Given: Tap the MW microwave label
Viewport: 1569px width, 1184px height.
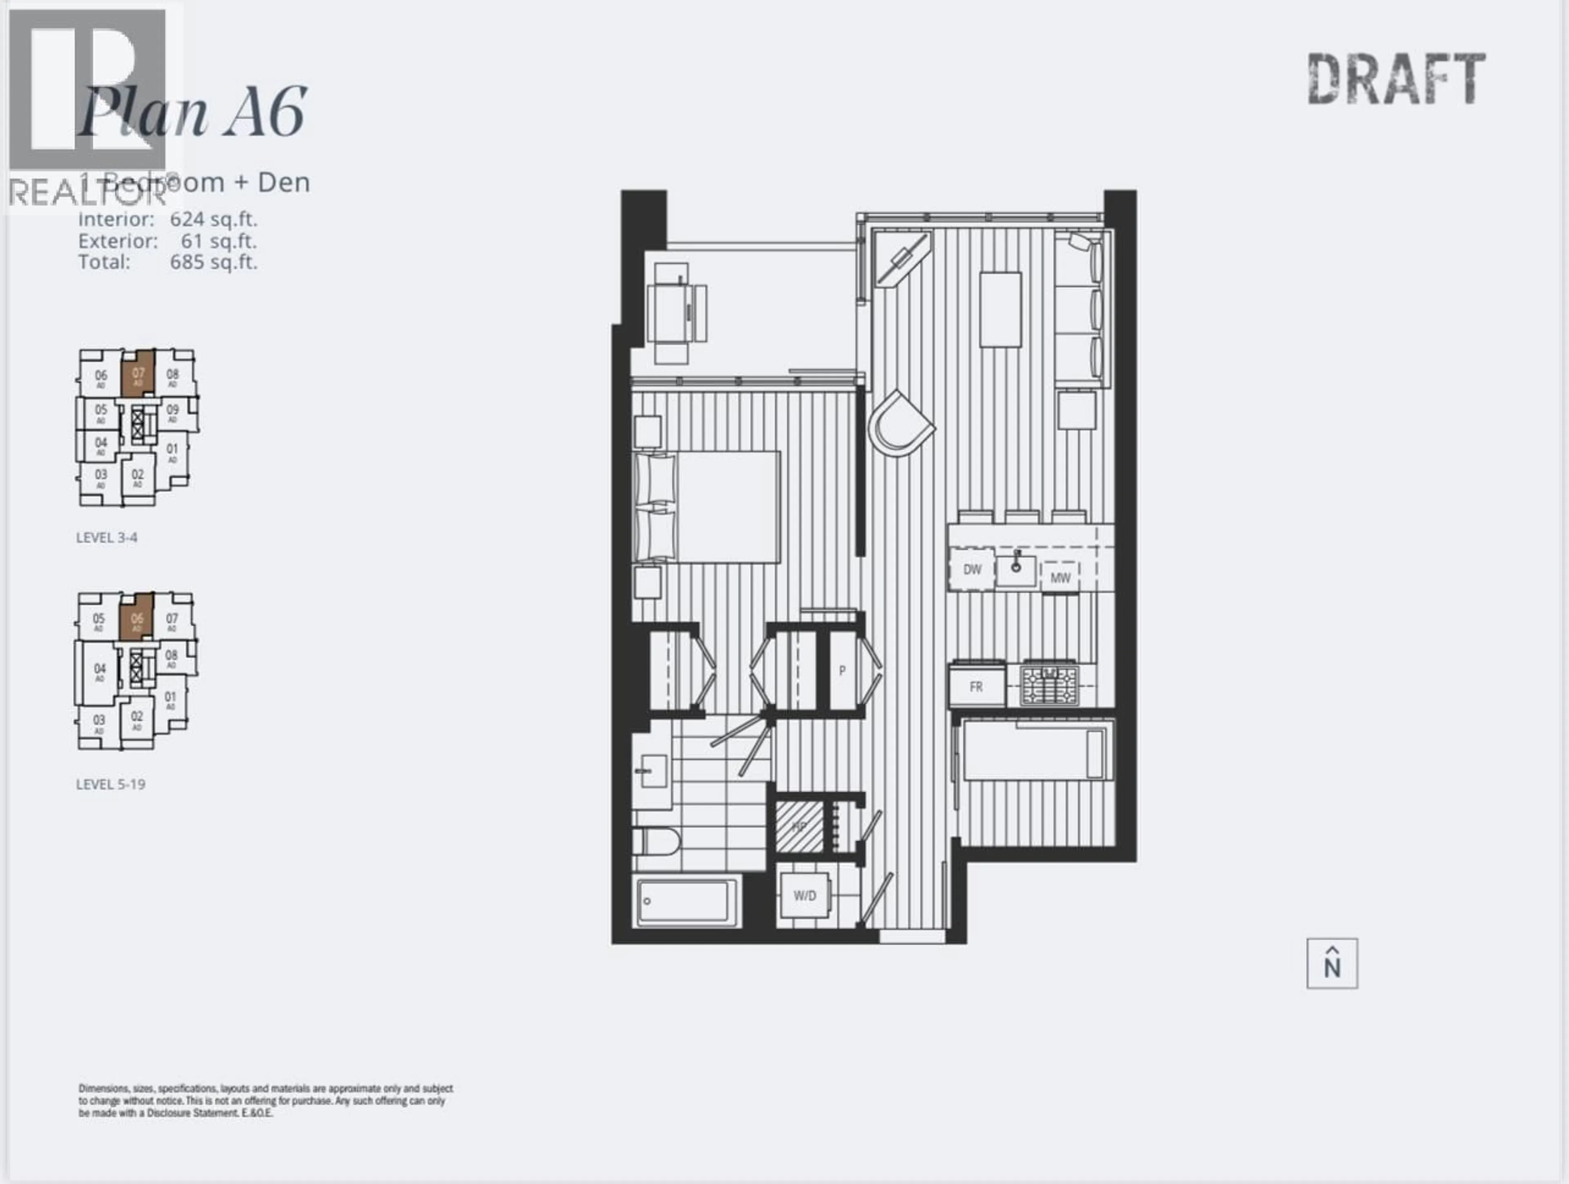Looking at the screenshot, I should pyautogui.click(x=1060, y=577).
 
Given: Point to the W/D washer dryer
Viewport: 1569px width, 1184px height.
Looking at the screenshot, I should pyautogui.click(x=805, y=895).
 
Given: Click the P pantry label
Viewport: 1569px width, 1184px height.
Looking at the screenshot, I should pyautogui.click(x=842, y=670).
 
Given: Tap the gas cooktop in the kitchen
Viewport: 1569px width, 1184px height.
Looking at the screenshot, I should pyautogui.click(x=1049, y=685).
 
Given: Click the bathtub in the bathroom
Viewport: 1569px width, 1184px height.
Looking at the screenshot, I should pyautogui.click(x=686, y=903).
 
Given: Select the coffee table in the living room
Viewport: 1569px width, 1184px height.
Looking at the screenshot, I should pyautogui.click(x=1000, y=309).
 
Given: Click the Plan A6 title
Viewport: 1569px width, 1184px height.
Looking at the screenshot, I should pyautogui.click(x=192, y=114).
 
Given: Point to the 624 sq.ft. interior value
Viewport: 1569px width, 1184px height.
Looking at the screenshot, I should pyautogui.click(x=213, y=219).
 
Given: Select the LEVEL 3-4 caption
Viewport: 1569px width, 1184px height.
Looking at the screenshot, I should pyautogui.click(x=106, y=538).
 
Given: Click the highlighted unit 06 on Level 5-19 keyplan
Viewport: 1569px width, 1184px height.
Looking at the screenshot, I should pyautogui.click(x=136, y=619).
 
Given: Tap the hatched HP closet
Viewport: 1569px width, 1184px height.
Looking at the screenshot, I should pyautogui.click(x=799, y=827).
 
